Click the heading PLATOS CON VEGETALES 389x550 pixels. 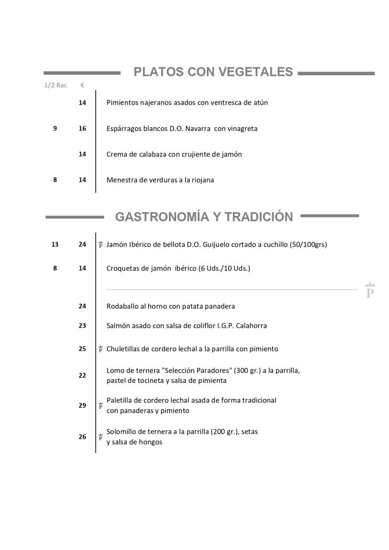pos(213,72)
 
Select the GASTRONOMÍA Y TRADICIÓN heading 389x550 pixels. pos(204,217)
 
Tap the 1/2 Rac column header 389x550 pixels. pos(55,85)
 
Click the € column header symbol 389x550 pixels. pos(82,85)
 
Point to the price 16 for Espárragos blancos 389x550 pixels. pos(82,129)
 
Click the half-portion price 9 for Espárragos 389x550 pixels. pos(55,129)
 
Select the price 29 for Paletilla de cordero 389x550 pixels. pos(82,406)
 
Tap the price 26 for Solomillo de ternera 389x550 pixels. pos(82,437)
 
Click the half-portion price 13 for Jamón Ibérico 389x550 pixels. pos(55,244)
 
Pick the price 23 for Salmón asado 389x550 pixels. pos(82,325)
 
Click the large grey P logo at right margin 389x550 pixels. pos(370,291)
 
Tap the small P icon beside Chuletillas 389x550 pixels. pos(100,349)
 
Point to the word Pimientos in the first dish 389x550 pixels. pos(123,103)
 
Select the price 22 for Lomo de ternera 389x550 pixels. pos(82,375)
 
